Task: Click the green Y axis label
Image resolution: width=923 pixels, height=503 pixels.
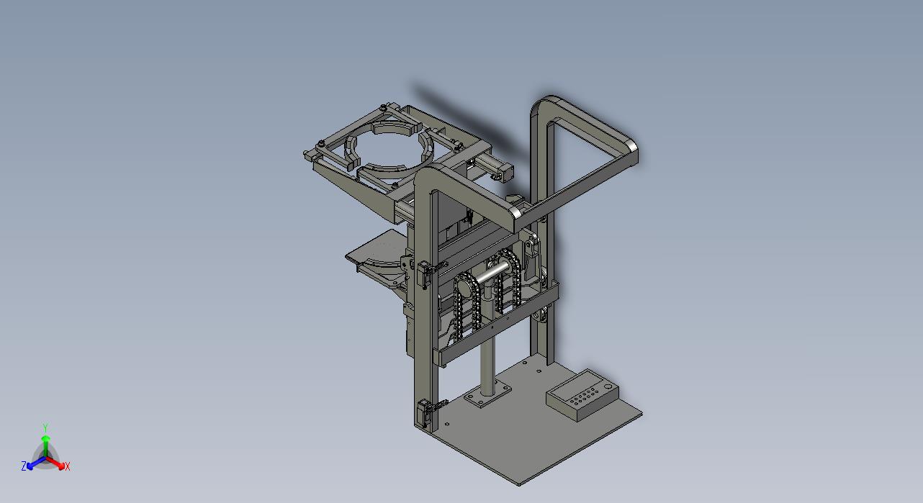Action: (46, 427)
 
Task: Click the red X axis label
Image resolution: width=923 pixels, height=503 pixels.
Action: (67, 467)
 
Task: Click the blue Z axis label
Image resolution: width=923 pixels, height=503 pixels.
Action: (24, 466)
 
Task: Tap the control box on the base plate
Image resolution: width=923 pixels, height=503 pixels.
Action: (582, 395)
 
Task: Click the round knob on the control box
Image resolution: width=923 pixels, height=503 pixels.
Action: (608, 386)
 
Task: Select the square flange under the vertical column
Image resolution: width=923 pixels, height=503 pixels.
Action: (487, 394)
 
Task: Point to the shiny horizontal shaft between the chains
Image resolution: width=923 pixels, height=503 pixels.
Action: (492, 273)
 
